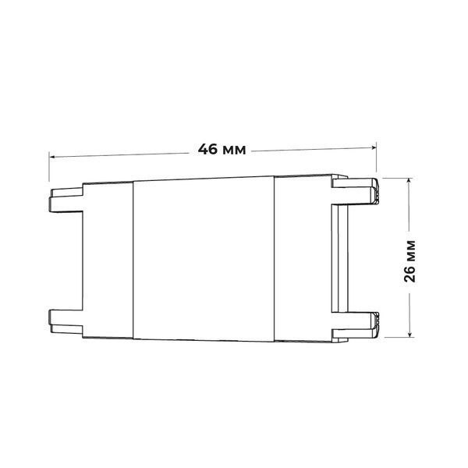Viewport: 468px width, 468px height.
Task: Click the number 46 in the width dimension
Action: tap(207, 149)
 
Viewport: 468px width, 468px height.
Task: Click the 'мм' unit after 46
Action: tap(235, 150)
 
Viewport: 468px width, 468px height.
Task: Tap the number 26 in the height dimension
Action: tap(409, 273)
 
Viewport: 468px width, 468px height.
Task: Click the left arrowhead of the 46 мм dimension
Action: tap(52, 157)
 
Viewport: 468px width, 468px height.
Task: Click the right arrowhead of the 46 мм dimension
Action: tap(374, 147)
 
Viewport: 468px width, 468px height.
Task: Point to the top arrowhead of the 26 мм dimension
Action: tap(409, 181)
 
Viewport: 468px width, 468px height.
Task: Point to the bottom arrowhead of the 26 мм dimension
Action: tap(410, 334)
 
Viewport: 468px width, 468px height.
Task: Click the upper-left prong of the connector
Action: tap(66, 200)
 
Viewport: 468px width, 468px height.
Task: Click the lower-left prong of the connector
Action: tap(66, 321)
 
